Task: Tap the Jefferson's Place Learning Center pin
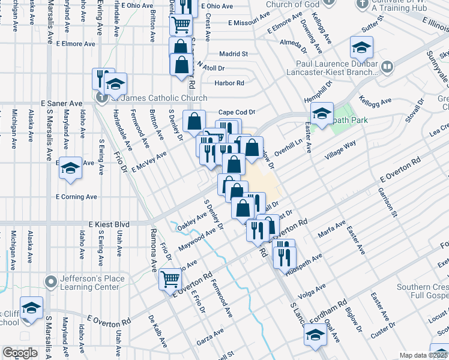click(50, 280)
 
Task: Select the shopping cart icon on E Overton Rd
click(170, 279)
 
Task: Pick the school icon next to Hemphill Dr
click(322, 112)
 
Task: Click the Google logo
click(20, 352)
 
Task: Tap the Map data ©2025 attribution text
click(424, 355)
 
